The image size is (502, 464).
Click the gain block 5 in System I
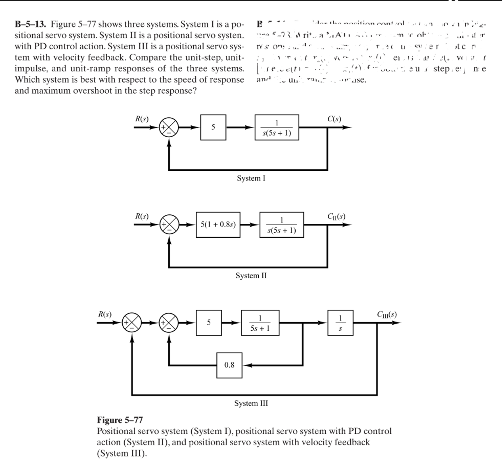tap(213, 127)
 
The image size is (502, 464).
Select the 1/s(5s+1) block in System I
tap(277, 127)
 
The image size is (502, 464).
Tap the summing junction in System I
tap(169, 127)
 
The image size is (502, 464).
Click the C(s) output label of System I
tap(334, 119)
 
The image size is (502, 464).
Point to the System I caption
tap(251, 178)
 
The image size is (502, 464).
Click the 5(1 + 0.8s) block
tap(218, 225)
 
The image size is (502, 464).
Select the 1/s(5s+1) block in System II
tap(281, 225)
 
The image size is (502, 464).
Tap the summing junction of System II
tap(169, 225)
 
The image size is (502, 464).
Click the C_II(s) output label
tap(336, 216)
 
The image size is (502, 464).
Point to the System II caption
tap(251, 275)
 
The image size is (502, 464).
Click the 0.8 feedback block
tap(229, 365)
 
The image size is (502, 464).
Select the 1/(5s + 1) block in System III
tap(260, 323)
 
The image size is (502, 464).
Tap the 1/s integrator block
tap(340, 323)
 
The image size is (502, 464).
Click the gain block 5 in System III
tap(209, 323)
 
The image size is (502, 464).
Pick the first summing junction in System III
tap(132, 323)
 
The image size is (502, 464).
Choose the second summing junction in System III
tap(169, 323)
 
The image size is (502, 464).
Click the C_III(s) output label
tap(387, 314)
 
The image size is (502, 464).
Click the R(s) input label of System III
tap(105, 314)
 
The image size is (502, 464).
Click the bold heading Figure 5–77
tap(120, 420)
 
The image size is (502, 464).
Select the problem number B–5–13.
tap(30, 24)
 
